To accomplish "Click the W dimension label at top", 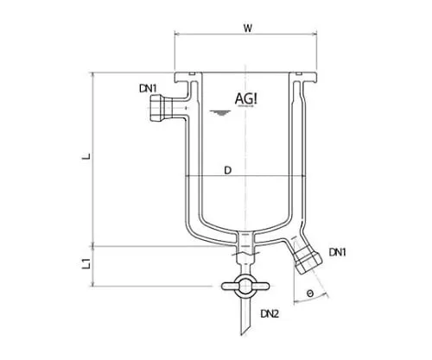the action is click(x=248, y=28).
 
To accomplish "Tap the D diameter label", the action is click(x=227, y=170).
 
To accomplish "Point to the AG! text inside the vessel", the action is click(x=246, y=98).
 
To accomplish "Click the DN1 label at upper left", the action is click(x=148, y=88).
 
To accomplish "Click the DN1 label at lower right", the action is click(x=338, y=252).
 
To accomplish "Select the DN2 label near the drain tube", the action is click(x=270, y=313).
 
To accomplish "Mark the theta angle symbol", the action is click(x=310, y=294).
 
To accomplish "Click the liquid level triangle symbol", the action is click(x=220, y=112).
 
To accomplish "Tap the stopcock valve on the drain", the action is click(x=245, y=287).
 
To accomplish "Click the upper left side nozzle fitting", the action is click(x=162, y=108).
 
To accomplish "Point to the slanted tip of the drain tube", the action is click(x=242, y=334).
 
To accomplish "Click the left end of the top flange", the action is click(x=175, y=78).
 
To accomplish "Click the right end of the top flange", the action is click(x=315, y=78).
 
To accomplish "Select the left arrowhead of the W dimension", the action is click(x=177, y=35).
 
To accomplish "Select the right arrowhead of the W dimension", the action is click(x=314, y=35).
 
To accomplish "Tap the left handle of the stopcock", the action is click(x=229, y=286).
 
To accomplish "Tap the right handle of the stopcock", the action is click(x=262, y=286).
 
